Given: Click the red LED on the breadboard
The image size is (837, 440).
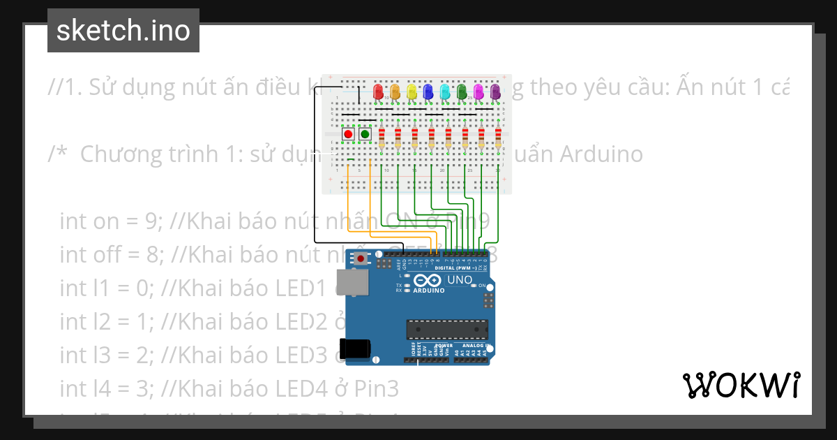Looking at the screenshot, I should (x=379, y=91).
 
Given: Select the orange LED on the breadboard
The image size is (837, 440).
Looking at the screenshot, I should (x=395, y=91).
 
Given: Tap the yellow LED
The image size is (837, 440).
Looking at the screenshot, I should (x=412, y=91).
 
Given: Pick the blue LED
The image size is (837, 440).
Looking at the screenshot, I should (x=428, y=91).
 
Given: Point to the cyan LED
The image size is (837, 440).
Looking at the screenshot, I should (x=445, y=91).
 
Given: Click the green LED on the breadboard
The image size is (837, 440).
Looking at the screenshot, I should (x=462, y=91).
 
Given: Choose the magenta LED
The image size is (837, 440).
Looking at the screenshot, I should (x=478, y=91).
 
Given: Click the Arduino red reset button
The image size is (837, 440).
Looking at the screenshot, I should (x=360, y=259).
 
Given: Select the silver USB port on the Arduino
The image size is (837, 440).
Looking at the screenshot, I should (x=352, y=282).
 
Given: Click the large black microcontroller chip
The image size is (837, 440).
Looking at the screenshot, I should (x=447, y=330).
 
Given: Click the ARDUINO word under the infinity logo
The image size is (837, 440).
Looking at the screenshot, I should (x=429, y=290).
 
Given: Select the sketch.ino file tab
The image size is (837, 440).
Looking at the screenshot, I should (x=123, y=31).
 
